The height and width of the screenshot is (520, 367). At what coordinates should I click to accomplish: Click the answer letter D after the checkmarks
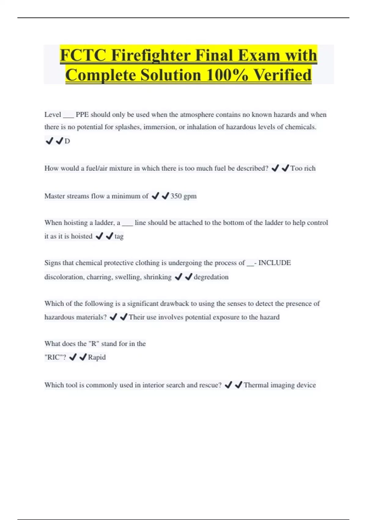click(67, 141)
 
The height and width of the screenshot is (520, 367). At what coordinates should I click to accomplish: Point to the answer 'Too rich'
click(303, 168)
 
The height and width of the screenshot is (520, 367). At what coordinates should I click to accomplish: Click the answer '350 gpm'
click(183, 196)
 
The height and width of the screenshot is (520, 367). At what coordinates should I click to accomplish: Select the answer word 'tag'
click(119, 236)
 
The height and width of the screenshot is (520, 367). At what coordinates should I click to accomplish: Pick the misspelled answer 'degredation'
click(211, 277)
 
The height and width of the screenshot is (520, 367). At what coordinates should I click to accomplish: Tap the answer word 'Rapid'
click(97, 357)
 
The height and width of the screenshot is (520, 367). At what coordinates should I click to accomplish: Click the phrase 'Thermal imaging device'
click(280, 385)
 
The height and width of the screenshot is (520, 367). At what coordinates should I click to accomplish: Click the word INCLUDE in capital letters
click(275, 263)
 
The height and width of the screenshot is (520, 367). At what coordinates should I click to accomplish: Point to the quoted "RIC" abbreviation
click(55, 357)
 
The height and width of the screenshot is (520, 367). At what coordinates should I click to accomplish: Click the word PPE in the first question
click(82, 115)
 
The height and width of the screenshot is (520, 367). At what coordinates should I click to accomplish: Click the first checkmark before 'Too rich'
click(275, 168)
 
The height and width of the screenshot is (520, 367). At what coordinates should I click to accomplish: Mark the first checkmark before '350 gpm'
click(155, 196)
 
